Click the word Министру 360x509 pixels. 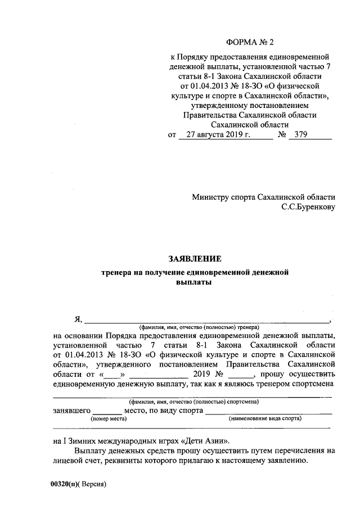pos(210,197)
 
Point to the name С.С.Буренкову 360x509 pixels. pos(308,208)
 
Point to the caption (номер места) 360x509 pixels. pos(106,419)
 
